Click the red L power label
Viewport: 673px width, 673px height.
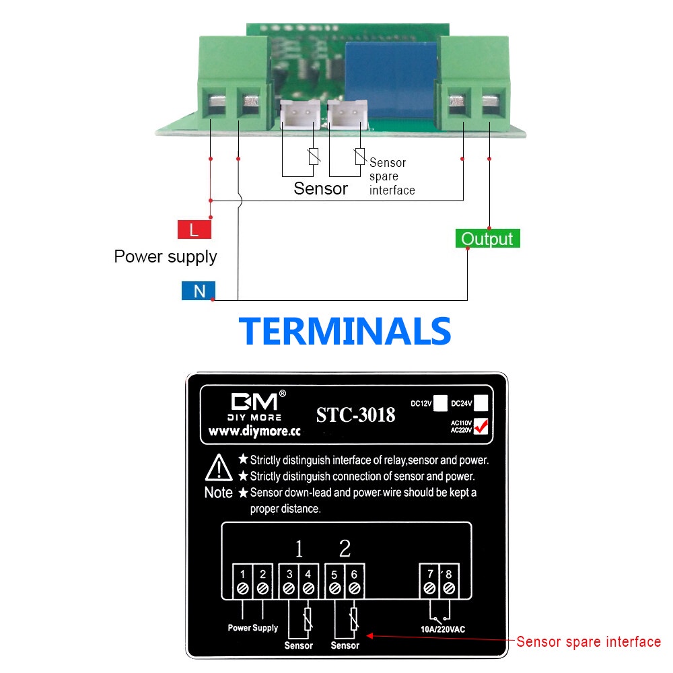194,230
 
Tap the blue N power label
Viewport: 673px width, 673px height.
199,291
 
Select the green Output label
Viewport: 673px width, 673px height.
487,239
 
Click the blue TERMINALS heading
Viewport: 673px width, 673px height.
345,331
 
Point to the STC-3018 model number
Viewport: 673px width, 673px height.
355,415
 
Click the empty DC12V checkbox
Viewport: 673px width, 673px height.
440,403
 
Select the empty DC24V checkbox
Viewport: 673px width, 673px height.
481,403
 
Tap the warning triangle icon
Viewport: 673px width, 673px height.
219,466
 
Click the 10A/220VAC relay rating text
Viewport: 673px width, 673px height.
438,630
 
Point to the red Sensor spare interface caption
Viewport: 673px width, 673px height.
588,641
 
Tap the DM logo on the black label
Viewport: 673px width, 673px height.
254,402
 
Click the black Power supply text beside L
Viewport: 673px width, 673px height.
166,256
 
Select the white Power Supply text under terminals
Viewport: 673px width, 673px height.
252,628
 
